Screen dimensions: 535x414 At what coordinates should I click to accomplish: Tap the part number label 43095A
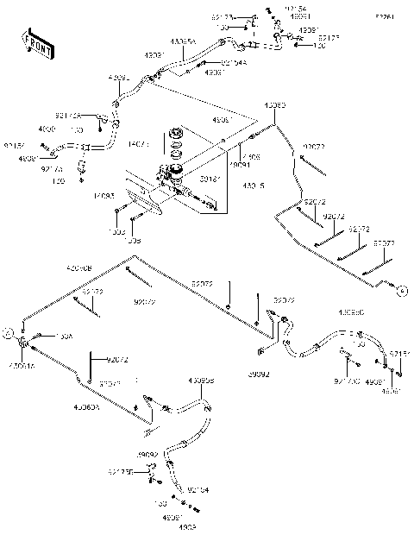point(183,41)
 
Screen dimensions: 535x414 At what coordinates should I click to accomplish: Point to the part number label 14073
point(139,142)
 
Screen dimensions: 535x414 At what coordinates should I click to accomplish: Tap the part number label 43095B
point(201,381)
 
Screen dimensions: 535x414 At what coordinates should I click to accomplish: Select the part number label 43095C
point(351,312)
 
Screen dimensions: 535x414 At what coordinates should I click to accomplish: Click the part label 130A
point(66,336)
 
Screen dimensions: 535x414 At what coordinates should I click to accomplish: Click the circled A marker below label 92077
point(402,292)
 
